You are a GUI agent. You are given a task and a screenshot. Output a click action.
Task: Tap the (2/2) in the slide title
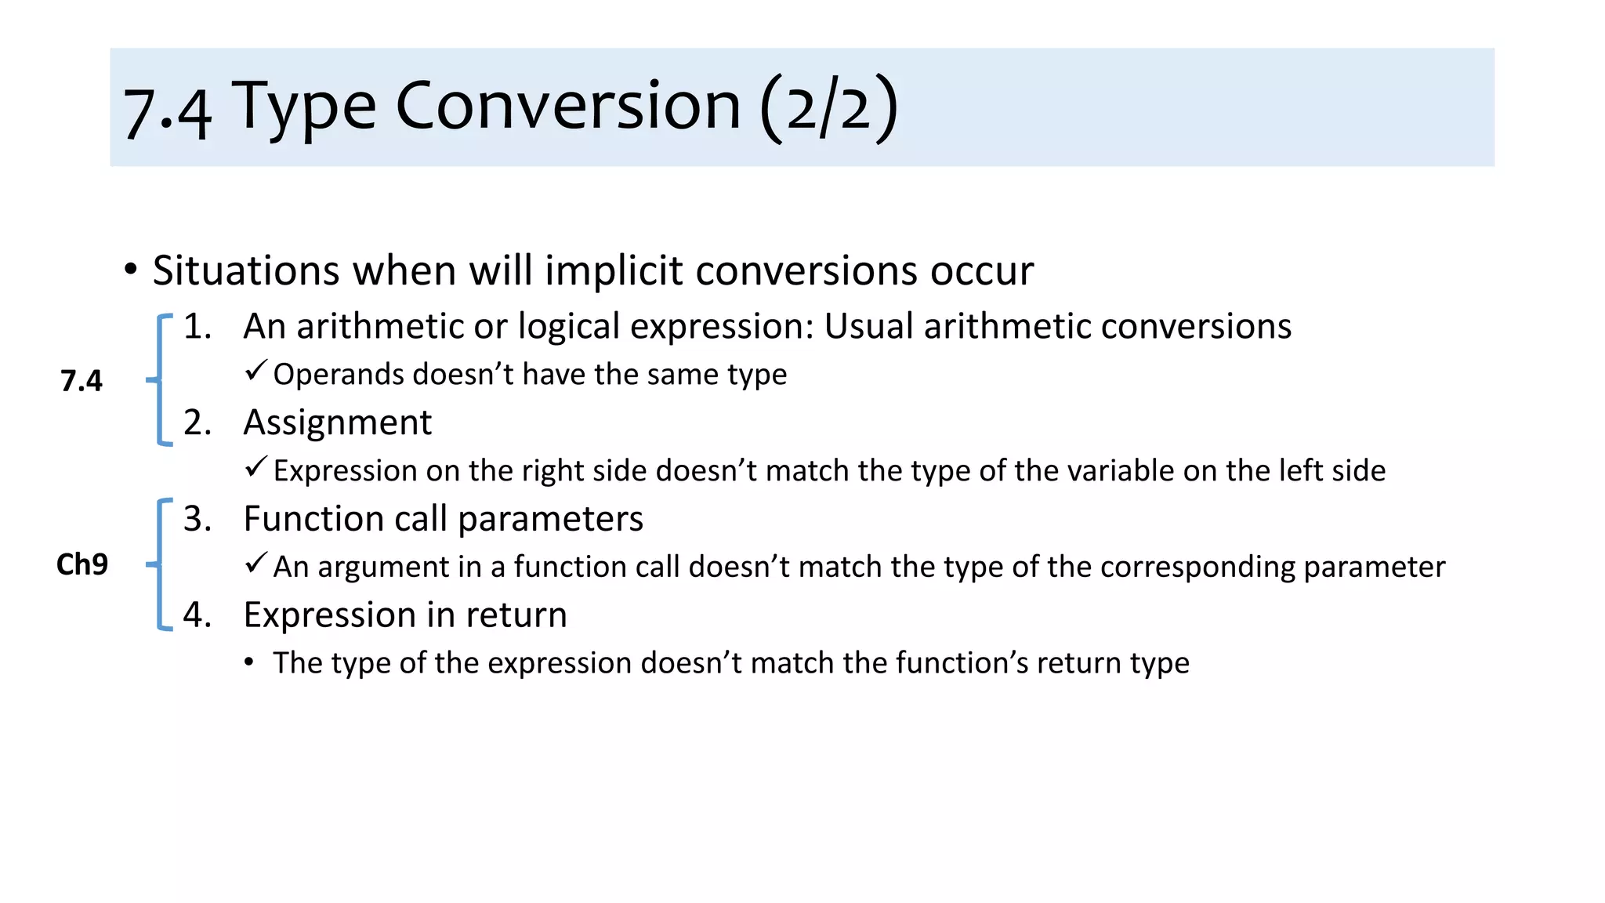click(829, 107)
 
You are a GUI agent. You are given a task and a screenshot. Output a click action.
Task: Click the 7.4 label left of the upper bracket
click(82, 381)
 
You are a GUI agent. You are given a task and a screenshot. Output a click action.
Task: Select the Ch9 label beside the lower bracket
click(82, 564)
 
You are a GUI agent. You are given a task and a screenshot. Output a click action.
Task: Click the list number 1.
click(197, 326)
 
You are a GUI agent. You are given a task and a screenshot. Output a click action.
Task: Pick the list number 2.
click(197, 422)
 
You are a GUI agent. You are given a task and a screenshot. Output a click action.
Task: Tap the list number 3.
click(197, 519)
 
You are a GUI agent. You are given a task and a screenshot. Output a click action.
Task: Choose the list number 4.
click(197, 615)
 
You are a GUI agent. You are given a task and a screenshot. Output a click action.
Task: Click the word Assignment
click(337, 422)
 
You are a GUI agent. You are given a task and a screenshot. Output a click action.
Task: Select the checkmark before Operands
click(255, 371)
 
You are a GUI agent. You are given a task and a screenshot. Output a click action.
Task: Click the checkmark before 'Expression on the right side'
click(255, 467)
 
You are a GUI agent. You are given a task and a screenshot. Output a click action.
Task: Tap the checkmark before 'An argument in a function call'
click(255, 563)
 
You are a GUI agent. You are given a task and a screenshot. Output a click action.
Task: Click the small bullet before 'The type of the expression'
click(249, 663)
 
